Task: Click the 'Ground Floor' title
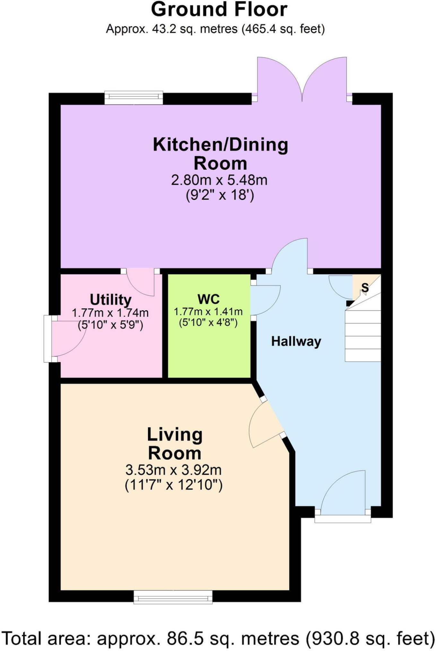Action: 219,9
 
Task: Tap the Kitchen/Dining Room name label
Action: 220,154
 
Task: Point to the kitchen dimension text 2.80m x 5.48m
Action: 219,180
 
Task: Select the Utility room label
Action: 110,300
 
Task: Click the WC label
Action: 209,299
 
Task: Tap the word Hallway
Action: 296,341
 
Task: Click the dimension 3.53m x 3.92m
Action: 173,470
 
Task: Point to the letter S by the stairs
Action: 365,287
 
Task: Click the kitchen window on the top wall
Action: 134,98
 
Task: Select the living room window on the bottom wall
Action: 173,597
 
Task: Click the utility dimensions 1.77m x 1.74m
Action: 110,313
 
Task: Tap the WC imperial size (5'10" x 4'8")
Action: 208,322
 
